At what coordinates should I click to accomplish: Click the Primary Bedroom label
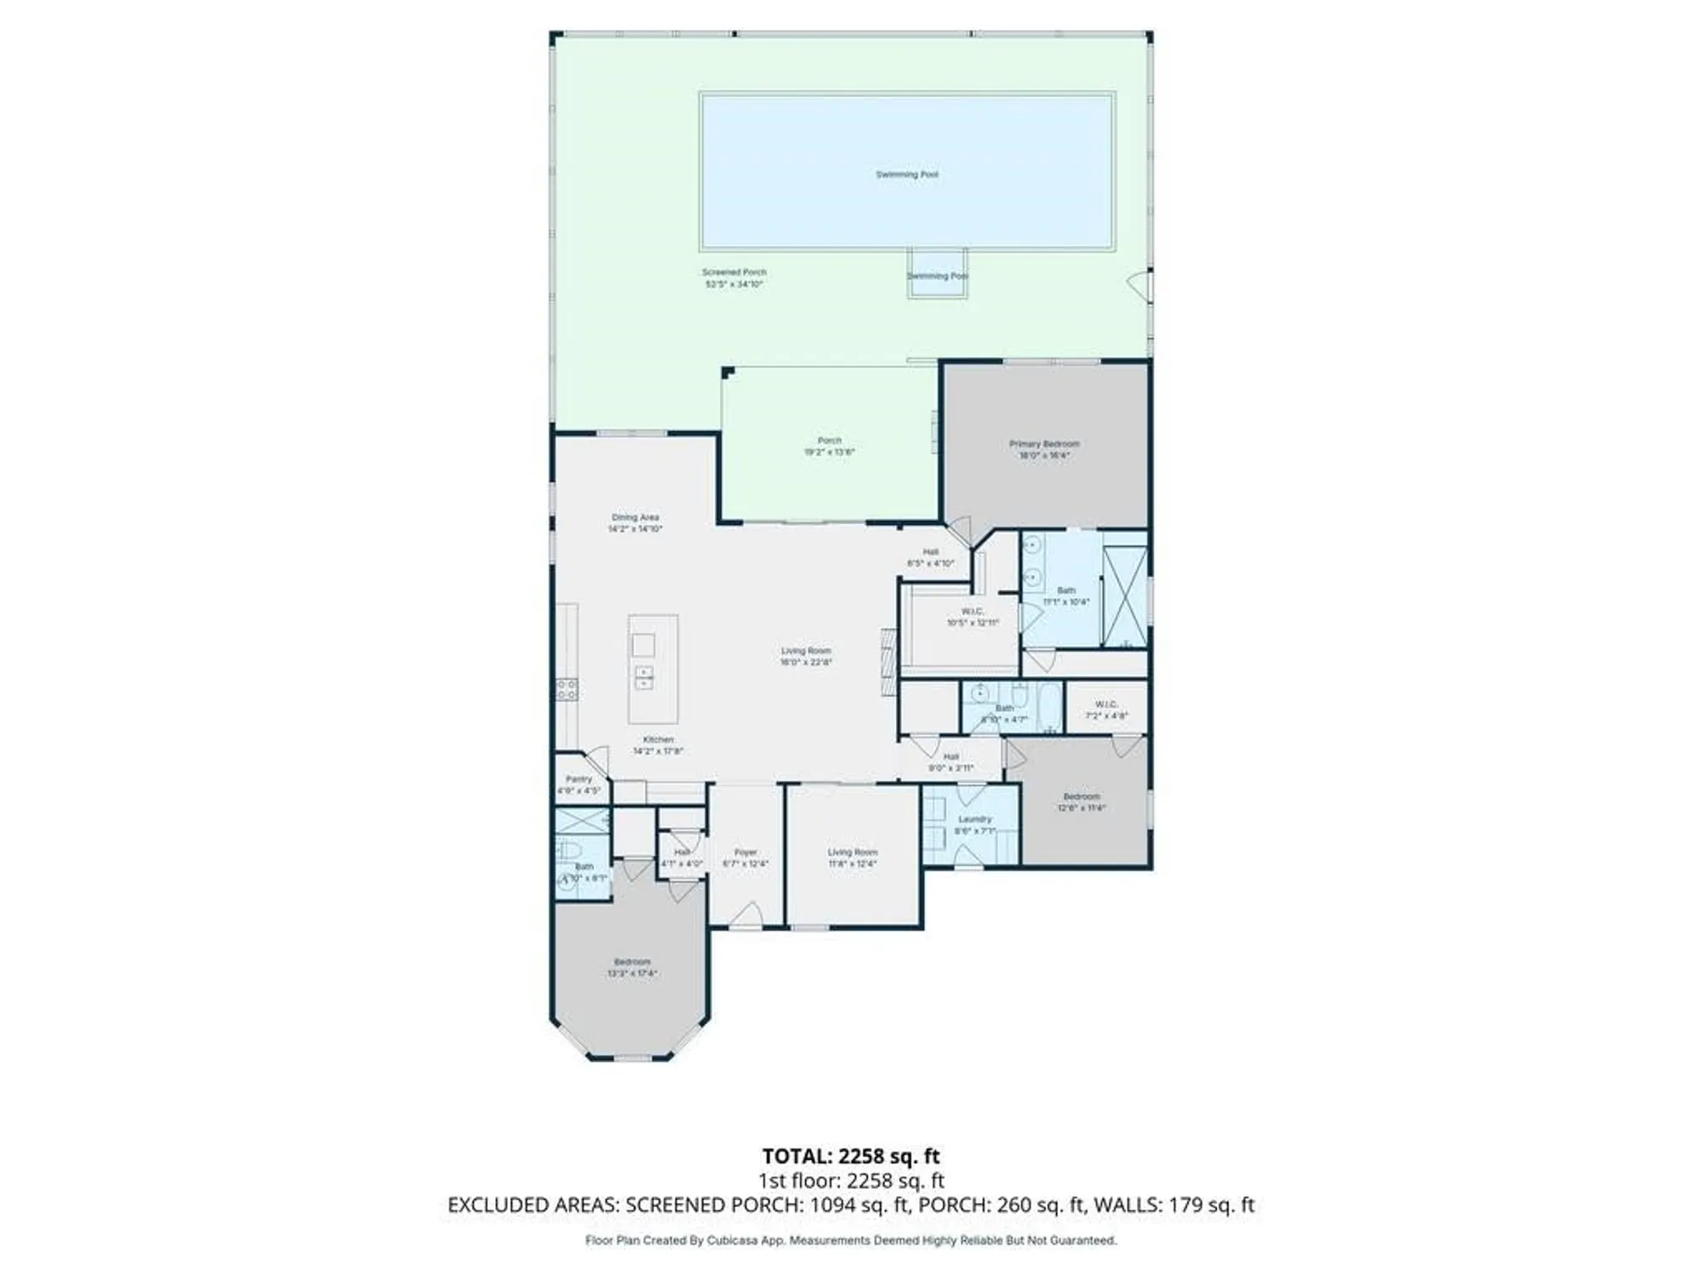tap(1044, 444)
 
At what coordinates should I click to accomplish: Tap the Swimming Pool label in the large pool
tap(907, 174)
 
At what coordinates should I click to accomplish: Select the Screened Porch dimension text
tap(734, 284)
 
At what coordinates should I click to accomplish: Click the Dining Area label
tap(635, 517)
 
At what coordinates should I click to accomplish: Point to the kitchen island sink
tap(643, 677)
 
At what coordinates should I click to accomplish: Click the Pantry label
tap(579, 779)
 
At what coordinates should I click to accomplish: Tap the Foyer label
tap(745, 852)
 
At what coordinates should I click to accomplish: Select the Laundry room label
tap(974, 819)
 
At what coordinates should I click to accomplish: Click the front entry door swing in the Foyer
tap(747, 915)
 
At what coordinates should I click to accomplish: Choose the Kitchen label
tap(658, 740)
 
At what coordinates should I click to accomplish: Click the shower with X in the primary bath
tap(1125, 597)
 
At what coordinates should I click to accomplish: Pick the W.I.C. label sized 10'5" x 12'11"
tap(973, 612)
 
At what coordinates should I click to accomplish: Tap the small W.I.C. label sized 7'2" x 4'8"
tap(1106, 704)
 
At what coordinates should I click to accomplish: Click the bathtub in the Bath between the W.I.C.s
tap(1048, 706)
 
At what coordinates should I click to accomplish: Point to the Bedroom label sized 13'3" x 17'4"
tap(631, 962)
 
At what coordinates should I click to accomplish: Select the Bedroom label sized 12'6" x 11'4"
tap(1081, 797)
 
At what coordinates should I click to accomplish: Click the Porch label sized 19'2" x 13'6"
tap(829, 441)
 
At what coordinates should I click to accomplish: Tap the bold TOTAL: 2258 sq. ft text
tap(850, 1156)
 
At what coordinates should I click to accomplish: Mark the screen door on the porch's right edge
tap(1140, 287)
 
